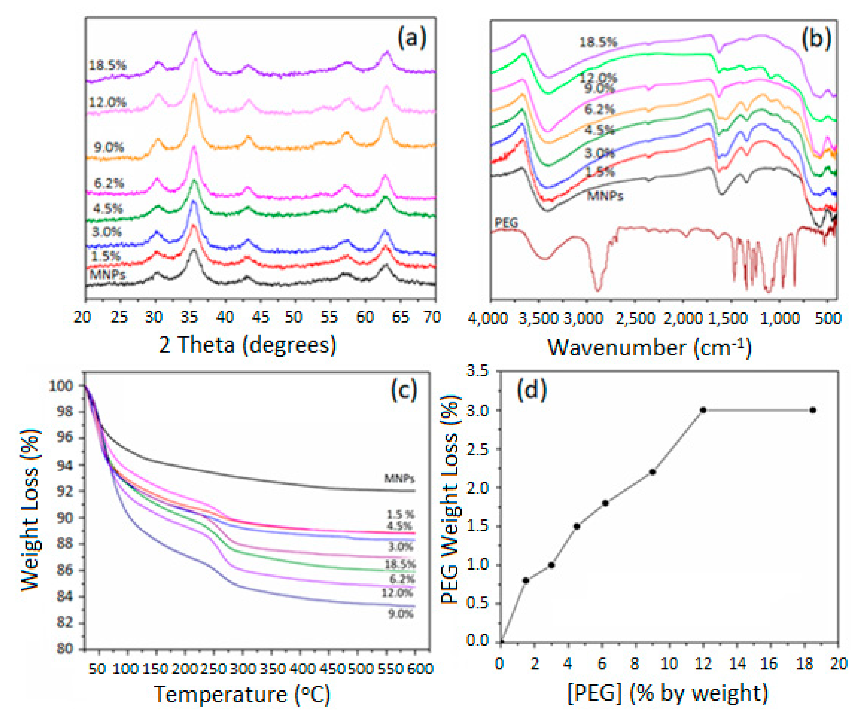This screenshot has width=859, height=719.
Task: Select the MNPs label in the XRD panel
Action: [107, 274]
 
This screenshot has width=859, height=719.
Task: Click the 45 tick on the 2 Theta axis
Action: [260, 317]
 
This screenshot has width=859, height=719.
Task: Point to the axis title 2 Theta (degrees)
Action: [247, 344]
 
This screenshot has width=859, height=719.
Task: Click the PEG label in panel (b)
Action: [506, 223]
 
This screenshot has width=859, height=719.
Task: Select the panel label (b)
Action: [816, 39]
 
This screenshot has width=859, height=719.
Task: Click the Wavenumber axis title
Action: [649, 347]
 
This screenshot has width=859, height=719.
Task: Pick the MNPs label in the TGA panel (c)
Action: [399, 478]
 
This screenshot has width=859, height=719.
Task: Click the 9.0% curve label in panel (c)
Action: [400, 613]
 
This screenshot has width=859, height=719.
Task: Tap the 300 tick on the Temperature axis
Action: [243, 669]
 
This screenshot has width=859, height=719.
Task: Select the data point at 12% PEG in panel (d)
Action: [703, 410]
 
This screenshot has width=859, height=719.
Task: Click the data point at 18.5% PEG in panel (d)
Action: [813, 410]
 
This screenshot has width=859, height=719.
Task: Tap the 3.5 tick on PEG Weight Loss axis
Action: [478, 371]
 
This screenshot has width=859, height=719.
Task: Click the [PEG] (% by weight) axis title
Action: [668, 693]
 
